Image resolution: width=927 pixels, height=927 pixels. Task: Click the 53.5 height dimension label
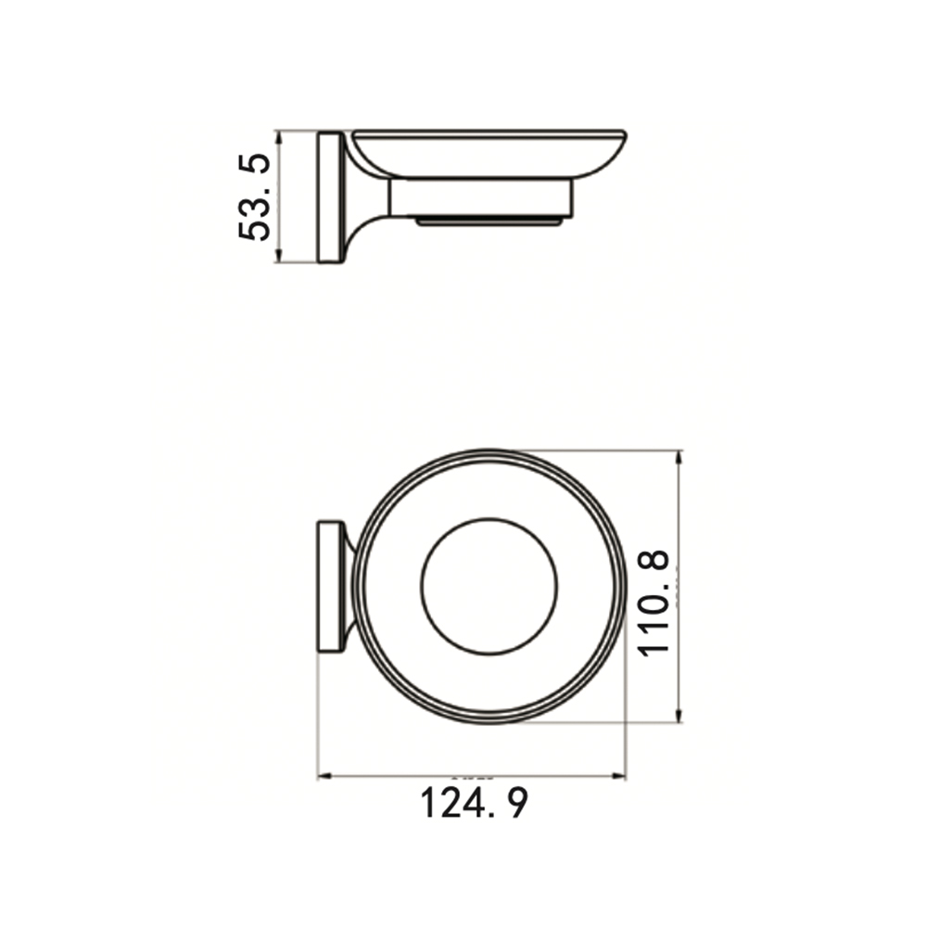[x=255, y=197]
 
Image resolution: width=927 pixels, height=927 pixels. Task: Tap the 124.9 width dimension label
[x=474, y=803]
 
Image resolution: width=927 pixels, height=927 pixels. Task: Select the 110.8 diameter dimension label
[x=654, y=603]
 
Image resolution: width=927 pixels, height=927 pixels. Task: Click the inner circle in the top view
[x=489, y=518]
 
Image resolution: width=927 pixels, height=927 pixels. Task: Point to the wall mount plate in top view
[x=331, y=587]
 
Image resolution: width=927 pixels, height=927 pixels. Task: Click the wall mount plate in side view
[x=329, y=197]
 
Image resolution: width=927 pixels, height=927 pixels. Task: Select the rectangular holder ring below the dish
[x=480, y=197]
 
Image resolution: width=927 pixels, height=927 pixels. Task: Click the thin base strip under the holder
[x=489, y=222]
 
